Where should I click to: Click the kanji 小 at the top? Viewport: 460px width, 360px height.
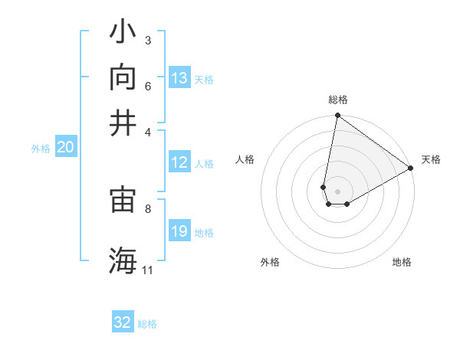(123, 33)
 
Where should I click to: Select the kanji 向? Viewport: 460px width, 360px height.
(123, 77)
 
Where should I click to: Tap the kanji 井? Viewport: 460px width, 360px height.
(123, 122)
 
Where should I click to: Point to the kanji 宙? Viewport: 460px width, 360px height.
(123, 200)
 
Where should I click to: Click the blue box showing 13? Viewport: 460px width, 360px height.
(179, 78)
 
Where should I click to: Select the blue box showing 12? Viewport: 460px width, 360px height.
(179, 162)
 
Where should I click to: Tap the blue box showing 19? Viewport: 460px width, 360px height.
(179, 231)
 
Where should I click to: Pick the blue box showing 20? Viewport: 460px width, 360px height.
(65, 148)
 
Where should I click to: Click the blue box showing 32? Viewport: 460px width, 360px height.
(123, 322)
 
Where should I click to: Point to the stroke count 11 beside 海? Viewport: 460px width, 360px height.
(147, 270)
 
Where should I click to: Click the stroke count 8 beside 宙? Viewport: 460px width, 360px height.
(148, 208)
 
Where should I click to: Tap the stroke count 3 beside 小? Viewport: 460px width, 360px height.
(148, 40)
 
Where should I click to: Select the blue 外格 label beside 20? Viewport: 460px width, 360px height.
(40, 149)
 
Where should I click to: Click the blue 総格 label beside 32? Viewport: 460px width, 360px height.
(147, 323)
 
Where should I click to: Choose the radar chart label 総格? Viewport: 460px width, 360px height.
(337, 100)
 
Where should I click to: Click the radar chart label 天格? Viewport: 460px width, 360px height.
(431, 159)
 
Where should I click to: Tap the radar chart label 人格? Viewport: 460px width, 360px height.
(245, 159)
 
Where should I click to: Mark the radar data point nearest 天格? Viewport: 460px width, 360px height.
(411, 169)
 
